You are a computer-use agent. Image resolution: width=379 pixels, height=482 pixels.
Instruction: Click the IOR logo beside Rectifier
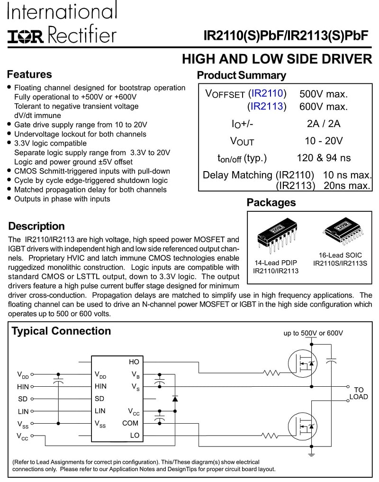pyautogui.click(x=26, y=36)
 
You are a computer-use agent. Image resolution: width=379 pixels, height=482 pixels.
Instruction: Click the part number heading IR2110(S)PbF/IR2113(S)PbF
pyautogui.click(x=286, y=36)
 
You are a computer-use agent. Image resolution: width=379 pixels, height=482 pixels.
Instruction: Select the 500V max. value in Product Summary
pyautogui.click(x=324, y=94)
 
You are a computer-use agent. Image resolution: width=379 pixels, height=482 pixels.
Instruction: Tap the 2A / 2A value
pyautogui.click(x=324, y=124)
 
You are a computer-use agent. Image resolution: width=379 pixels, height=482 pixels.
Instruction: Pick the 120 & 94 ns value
pyautogui.click(x=324, y=158)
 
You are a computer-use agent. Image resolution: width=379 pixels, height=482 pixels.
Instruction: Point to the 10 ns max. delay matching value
pyautogui.click(x=347, y=175)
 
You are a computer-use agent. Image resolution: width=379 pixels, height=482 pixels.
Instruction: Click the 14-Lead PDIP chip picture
pyautogui.click(x=277, y=235)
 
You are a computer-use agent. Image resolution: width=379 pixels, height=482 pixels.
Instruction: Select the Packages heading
pyautogui.click(x=271, y=202)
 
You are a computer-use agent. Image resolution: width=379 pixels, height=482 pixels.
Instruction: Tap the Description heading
pyautogui.click(x=36, y=226)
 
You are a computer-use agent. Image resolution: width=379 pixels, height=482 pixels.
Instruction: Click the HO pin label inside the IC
pyautogui.click(x=134, y=362)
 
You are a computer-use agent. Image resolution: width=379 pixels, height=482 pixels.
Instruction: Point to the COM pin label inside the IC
pyautogui.click(x=130, y=423)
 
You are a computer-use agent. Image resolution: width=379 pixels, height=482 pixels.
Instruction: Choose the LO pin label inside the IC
pyautogui.click(x=135, y=435)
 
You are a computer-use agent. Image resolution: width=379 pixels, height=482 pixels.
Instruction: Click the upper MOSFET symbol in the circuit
pyautogui.click(x=303, y=364)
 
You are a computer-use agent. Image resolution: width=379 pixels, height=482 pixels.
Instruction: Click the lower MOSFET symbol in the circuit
pyautogui.click(x=303, y=427)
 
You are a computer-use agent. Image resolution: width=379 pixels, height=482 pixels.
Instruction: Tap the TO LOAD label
pyautogui.click(x=359, y=393)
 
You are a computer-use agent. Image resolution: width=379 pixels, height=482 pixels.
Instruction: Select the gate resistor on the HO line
pyautogui.click(x=271, y=373)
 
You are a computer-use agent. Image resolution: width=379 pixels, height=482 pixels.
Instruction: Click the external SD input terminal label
pyautogui.click(x=23, y=399)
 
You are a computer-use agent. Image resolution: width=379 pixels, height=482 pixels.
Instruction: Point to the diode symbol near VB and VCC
pyautogui.click(x=175, y=399)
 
